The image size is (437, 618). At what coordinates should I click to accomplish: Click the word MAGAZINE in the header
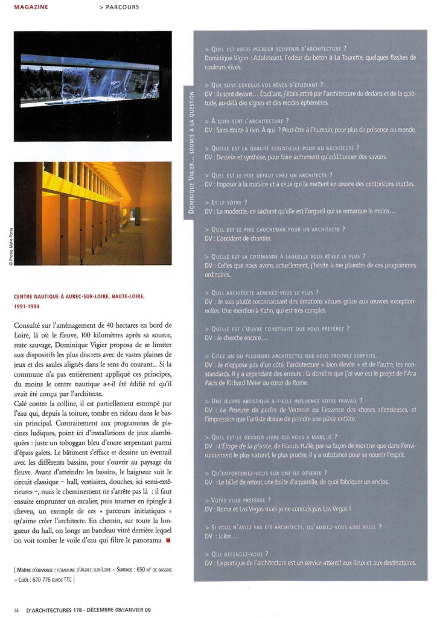pyautogui.click(x=31, y=7)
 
